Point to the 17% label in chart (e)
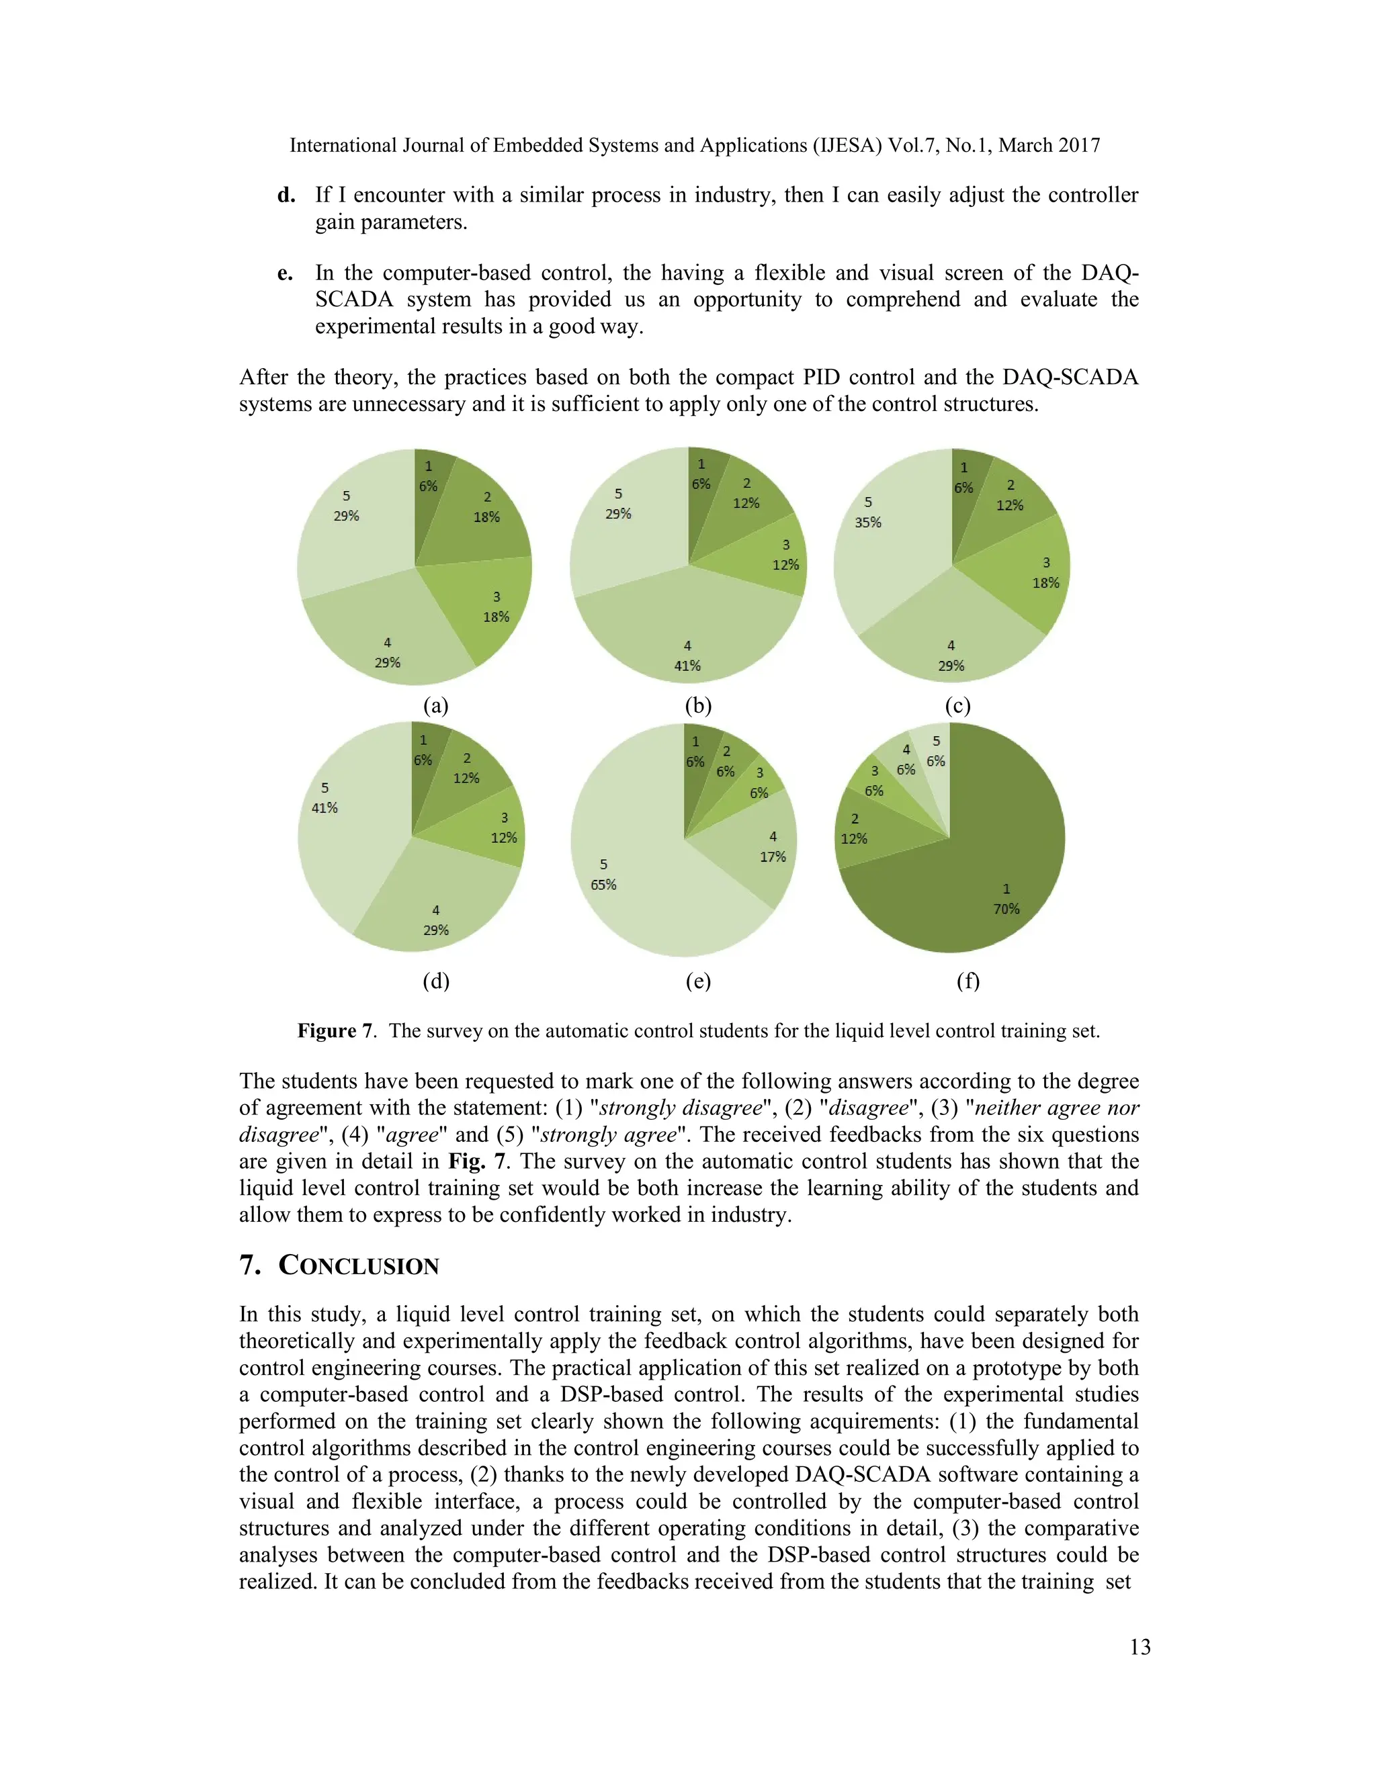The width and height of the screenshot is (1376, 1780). [x=773, y=856]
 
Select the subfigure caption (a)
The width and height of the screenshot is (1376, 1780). [x=436, y=706]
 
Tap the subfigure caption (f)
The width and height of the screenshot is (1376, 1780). [x=967, y=981]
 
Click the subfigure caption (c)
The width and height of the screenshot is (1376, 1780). [x=958, y=706]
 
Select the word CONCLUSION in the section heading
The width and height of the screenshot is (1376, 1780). [x=359, y=1265]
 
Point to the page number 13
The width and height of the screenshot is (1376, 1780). [x=1139, y=1647]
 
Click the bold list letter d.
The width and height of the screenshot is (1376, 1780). [x=286, y=195]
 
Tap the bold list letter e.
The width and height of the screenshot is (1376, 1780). [x=286, y=273]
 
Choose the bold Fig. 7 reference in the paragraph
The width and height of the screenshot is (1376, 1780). [x=478, y=1161]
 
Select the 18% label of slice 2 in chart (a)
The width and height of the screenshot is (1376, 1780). [x=486, y=517]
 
